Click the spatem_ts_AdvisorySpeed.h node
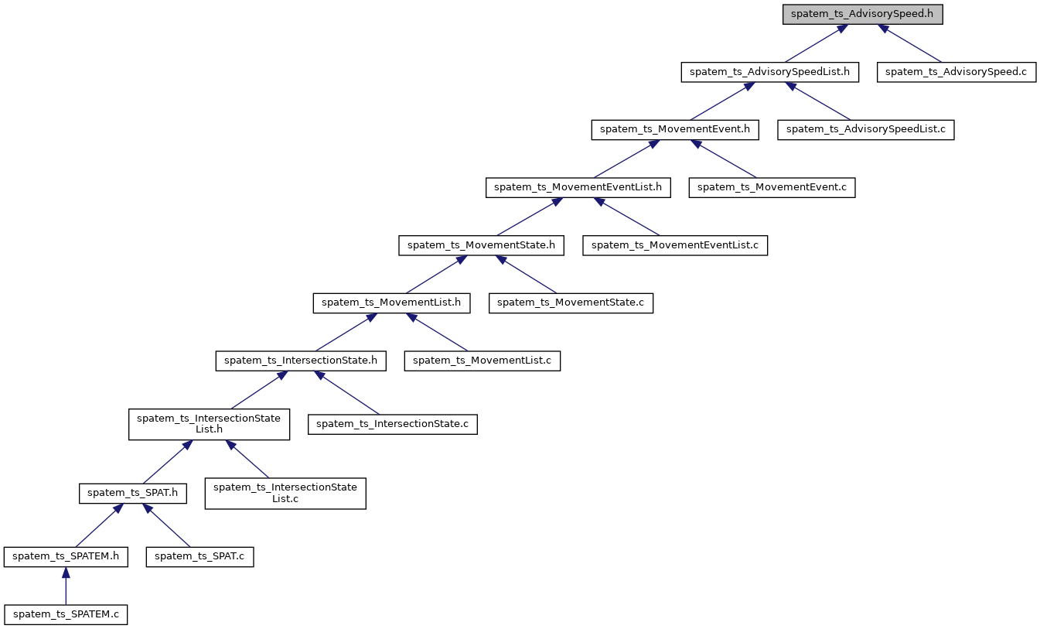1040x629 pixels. pyautogui.click(x=863, y=15)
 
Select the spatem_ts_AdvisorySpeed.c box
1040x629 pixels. pyautogui.click(x=956, y=72)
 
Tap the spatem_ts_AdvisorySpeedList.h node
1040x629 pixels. pyautogui.click(x=770, y=72)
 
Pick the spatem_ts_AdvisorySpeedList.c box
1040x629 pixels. pyautogui.click(x=866, y=129)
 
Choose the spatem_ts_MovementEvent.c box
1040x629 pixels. pyautogui.click(x=772, y=187)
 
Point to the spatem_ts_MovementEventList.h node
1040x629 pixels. pyautogui.click(x=578, y=187)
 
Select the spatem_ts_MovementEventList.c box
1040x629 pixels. pyautogui.click(x=675, y=245)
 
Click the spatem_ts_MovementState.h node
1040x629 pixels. pyautogui.click(x=481, y=245)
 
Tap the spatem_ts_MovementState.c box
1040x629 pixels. pyautogui.click(x=571, y=303)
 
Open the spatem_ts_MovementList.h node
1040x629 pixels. pyautogui.click(x=392, y=303)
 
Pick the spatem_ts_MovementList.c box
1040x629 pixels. pyautogui.click(x=482, y=361)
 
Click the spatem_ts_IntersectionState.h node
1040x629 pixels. pyautogui.click(x=301, y=361)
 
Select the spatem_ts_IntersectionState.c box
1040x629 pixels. pyautogui.click(x=393, y=424)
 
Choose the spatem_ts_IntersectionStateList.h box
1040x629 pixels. pyautogui.click(x=209, y=424)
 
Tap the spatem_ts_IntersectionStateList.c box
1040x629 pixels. pyautogui.click(x=285, y=493)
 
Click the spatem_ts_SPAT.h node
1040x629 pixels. pyautogui.click(x=133, y=493)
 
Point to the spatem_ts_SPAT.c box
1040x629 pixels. pyautogui.click(x=200, y=557)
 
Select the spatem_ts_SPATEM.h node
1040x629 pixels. pyautogui.click(x=66, y=557)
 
